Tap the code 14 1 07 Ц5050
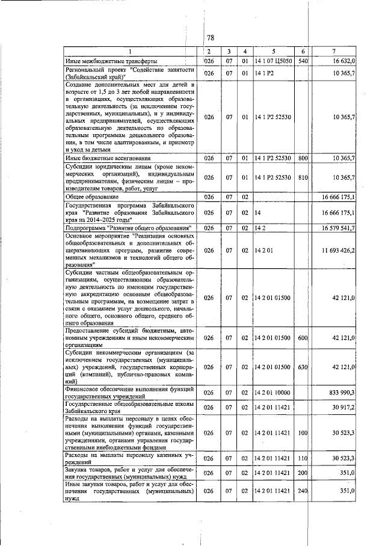[x=274, y=61]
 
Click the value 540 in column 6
[x=303, y=61]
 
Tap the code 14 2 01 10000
[x=273, y=392]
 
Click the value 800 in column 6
[x=303, y=158]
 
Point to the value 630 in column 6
[x=303, y=366]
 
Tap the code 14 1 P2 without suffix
[x=264, y=73]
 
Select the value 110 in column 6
[x=303, y=459]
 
